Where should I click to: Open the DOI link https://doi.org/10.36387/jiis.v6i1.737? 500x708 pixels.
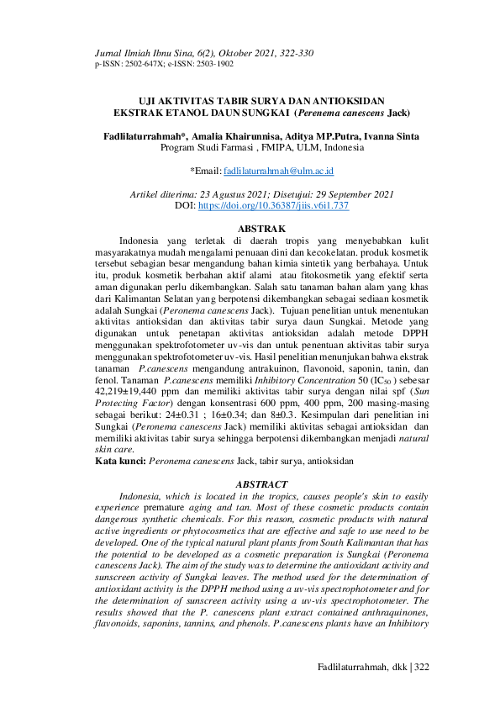(273, 205)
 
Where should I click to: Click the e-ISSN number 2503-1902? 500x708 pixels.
(212, 64)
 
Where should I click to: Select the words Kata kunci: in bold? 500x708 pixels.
(120, 461)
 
